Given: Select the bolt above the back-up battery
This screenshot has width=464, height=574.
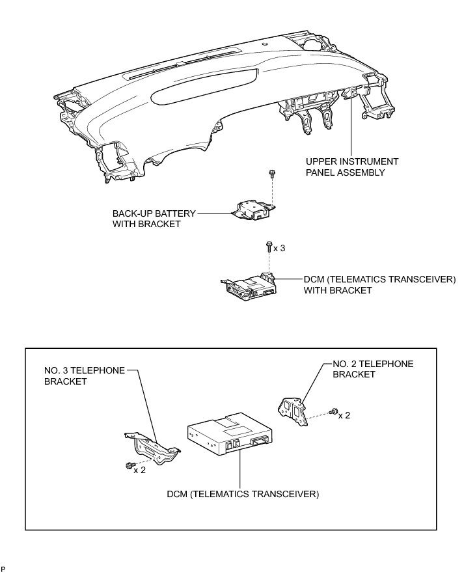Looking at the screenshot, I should click(271, 174).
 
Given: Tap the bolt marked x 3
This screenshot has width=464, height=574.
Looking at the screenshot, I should click(268, 247).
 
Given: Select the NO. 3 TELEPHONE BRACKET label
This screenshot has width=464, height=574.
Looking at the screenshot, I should click(85, 376).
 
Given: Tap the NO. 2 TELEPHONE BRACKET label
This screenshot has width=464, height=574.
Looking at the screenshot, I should click(372, 369).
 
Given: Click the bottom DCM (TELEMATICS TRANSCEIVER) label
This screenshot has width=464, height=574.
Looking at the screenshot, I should click(241, 494).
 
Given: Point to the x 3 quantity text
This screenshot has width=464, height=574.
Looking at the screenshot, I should click(280, 248).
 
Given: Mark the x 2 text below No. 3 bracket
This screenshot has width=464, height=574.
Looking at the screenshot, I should click(139, 471).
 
